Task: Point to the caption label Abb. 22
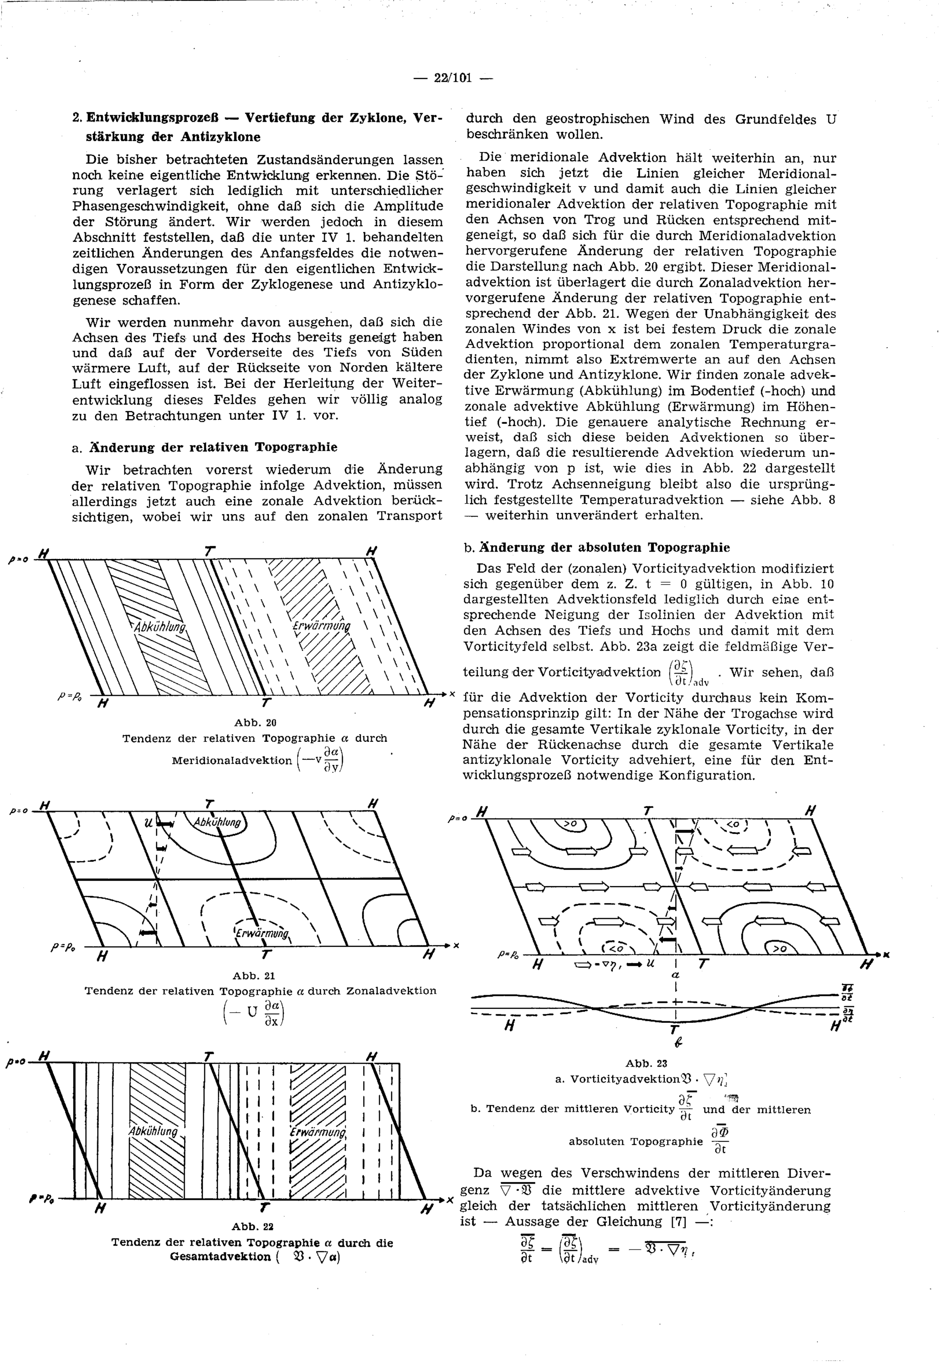[x=253, y=1226]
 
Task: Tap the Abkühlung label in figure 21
[x=218, y=822]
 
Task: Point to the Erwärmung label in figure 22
[x=318, y=1132]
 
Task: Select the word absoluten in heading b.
[x=609, y=547]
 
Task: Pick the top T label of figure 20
[x=209, y=552]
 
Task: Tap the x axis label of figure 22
[x=449, y=1199]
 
